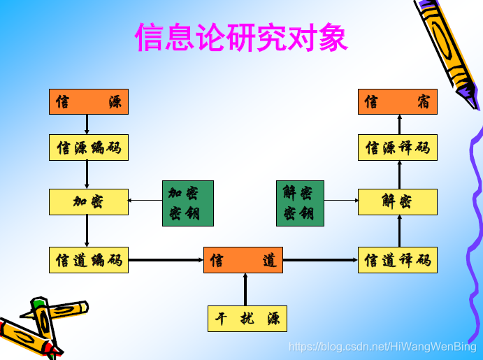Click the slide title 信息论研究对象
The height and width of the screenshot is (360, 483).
(241, 38)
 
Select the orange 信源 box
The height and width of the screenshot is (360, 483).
(89, 102)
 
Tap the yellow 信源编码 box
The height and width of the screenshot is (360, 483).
(89, 147)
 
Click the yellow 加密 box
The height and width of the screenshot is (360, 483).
(89, 202)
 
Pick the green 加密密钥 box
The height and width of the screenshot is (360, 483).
(187, 203)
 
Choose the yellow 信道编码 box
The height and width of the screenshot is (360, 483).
(89, 260)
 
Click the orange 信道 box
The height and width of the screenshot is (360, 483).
(243, 260)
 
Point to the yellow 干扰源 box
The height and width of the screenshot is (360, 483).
(247, 319)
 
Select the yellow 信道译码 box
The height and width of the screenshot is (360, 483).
(398, 260)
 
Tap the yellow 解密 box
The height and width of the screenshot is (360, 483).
(398, 202)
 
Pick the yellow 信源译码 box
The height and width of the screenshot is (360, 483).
(398, 147)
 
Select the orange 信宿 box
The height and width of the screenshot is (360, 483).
(398, 102)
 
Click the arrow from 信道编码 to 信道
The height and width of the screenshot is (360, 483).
(166, 260)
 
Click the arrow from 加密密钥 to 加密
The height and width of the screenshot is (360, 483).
(145, 201)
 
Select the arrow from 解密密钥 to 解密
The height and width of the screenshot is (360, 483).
(341, 201)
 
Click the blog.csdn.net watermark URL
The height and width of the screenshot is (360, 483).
(382, 347)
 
